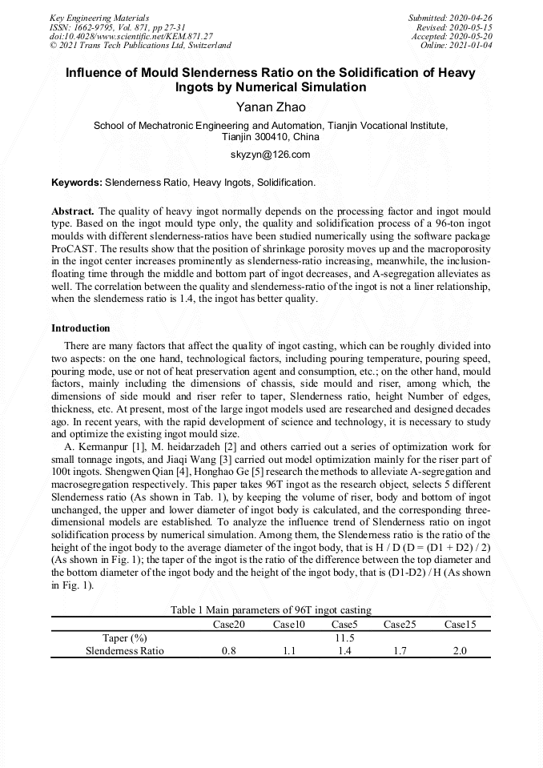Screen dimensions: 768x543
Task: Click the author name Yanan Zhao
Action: (271, 107)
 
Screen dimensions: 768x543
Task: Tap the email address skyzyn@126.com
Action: (271, 155)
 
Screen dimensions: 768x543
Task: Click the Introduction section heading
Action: (81, 328)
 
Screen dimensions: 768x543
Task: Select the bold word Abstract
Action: (73, 211)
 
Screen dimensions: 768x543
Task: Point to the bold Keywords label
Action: (77, 183)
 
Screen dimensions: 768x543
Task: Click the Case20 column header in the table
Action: (227, 625)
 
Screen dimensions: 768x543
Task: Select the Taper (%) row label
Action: (125, 638)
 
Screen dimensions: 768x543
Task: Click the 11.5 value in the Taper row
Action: (344, 638)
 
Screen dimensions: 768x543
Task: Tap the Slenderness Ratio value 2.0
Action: (460, 651)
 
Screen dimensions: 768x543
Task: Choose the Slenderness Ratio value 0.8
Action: (227, 651)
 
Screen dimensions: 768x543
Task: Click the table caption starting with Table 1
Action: (271, 611)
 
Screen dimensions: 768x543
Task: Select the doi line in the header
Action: (131, 36)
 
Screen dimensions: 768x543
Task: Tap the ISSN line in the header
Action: (117, 27)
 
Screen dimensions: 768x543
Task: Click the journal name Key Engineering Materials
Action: (99, 18)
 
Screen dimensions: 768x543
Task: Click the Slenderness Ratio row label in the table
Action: (125, 651)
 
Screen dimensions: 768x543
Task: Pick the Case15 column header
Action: (460, 625)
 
